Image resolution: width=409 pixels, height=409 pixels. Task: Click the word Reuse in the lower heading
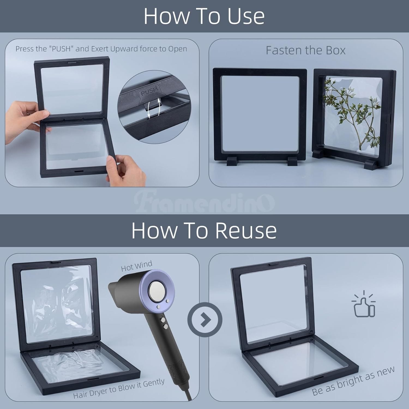click(246, 230)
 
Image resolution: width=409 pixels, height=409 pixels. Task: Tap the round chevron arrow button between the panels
click(205, 319)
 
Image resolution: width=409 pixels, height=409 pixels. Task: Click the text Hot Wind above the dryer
click(137, 266)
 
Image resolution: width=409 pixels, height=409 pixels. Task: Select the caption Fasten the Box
click(306, 50)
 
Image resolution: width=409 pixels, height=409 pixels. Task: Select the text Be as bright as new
click(353, 381)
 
